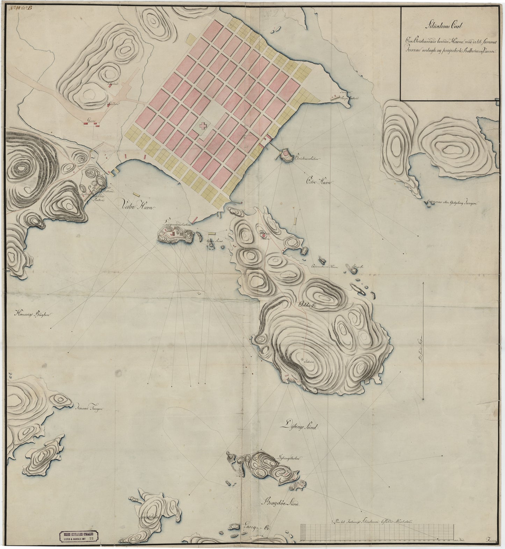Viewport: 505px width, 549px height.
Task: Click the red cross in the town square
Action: [202, 126]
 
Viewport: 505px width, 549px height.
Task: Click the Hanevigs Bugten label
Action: [33, 314]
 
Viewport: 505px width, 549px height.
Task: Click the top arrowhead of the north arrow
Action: [423, 283]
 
